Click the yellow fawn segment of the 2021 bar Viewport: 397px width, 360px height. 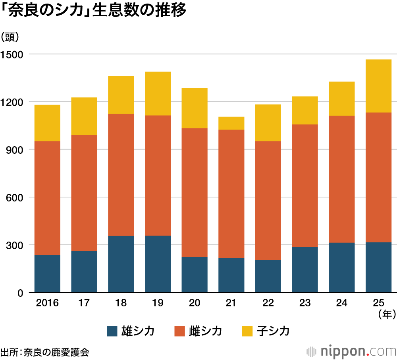pos(231,123)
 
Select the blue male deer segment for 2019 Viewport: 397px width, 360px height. pos(158,264)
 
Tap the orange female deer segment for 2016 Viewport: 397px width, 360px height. pos(47,198)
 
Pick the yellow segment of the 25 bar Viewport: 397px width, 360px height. pos(378,86)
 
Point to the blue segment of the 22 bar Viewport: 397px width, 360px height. pos(268,276)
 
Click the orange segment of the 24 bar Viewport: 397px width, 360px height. pos(341,179)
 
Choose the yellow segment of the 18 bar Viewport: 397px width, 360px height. pos(121,95)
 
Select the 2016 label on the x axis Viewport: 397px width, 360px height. pos(47,303)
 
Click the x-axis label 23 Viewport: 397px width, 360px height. pos(304,303)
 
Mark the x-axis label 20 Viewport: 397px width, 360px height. pos(194,303)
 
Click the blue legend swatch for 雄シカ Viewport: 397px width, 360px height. pos(112,331)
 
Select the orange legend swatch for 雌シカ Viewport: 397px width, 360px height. pos(180,331)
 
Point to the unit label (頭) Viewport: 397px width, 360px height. pos(13,37)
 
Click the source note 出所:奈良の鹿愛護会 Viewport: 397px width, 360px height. pos(44,352)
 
